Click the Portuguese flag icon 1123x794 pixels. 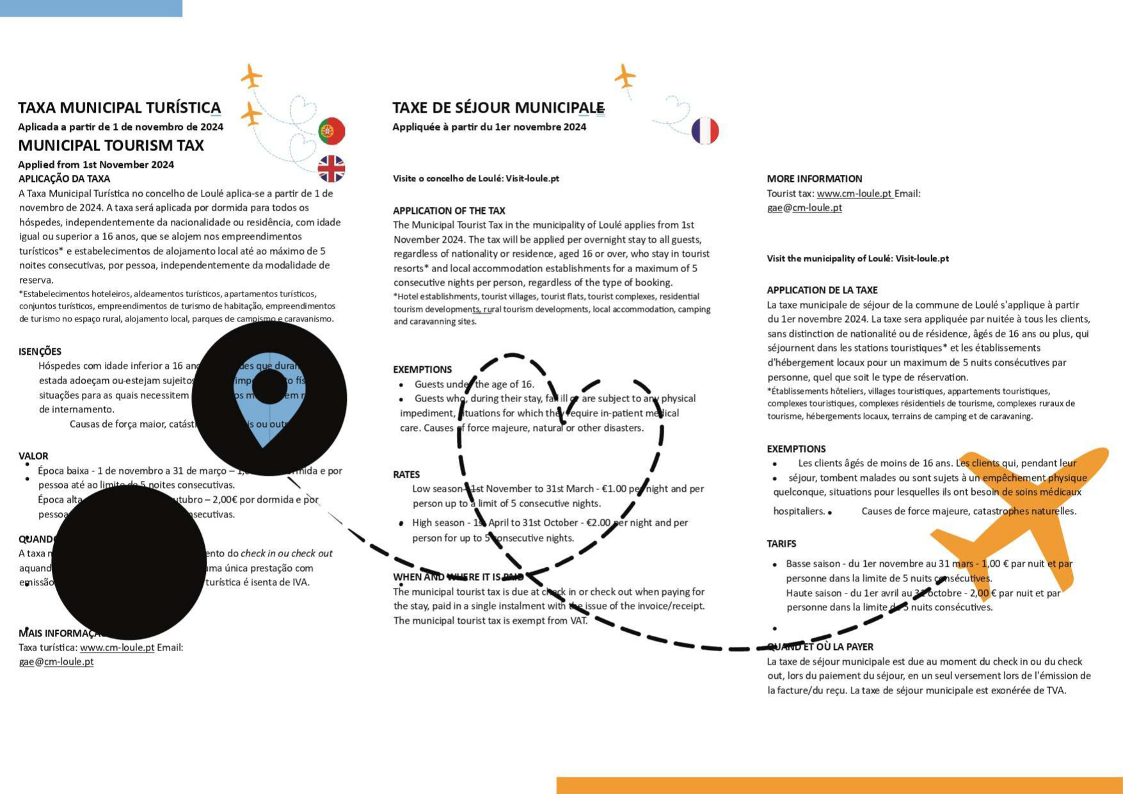[331, 131]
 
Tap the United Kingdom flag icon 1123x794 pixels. [331, 169]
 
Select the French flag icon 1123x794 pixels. [705, 131]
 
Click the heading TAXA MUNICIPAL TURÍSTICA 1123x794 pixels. [119, 108]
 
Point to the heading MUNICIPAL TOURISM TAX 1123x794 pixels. [111, 145]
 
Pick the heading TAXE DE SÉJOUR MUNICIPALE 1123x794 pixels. [498, 108]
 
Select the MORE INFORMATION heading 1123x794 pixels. [814, 179]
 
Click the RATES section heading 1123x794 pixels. [406, 474]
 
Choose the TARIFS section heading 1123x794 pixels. [781, 544]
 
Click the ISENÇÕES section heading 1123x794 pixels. [40, 352]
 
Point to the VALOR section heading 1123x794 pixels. [33, 456]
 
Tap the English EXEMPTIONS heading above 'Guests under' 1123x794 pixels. [422, 369]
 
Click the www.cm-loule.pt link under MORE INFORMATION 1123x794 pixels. [854, 193]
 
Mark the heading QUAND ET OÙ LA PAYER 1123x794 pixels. [820, 647]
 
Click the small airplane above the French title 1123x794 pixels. [625, 76]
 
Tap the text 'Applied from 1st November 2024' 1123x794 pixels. [96, 165]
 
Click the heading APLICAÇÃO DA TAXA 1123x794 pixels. [64, 179]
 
